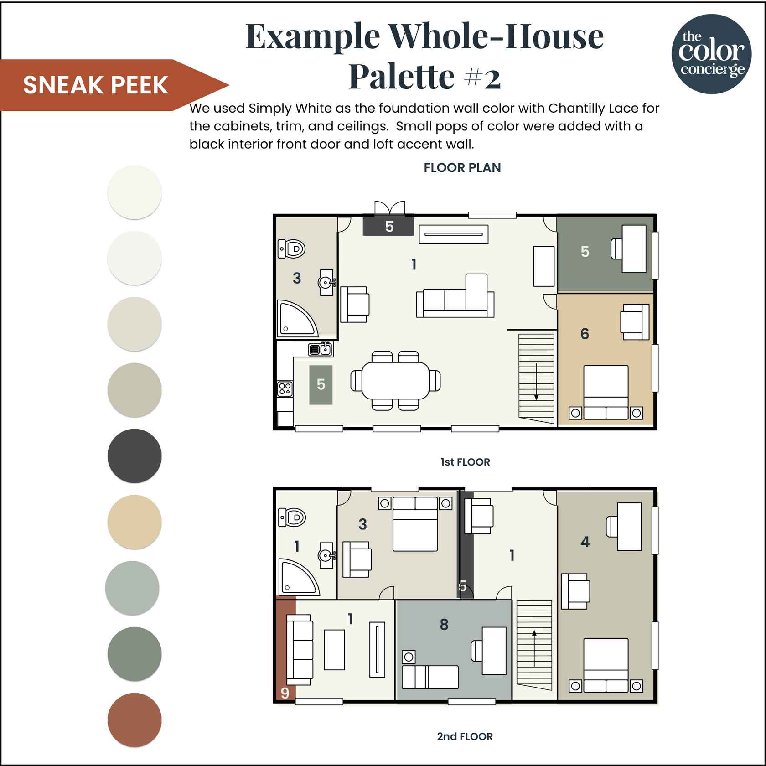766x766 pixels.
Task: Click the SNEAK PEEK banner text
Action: coord(96,85)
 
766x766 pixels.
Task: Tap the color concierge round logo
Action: coord(711,54)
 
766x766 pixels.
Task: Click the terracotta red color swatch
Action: coord(135,720)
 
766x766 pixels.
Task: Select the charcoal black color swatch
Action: coord(135,456)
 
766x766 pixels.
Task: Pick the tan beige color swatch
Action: coord(135,522)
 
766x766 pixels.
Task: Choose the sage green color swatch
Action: coord(135,654)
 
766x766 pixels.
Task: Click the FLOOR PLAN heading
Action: coord(462,168)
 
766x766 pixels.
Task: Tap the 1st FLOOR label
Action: coord(465,462)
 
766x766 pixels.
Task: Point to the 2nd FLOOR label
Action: coord(465,736)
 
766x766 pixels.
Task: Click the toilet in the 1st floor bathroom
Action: coord(292,249)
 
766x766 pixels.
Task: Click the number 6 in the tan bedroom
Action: coord(585,334)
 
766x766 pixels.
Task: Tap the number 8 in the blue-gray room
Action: coord(444,625)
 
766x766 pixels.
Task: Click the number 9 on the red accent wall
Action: coord(285,693)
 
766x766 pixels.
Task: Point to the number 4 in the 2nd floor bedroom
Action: coord(585,542)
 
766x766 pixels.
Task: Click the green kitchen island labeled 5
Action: coord(321,384)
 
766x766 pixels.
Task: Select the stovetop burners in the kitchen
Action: coord(285,388)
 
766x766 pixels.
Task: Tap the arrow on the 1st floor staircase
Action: coord(536,381)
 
